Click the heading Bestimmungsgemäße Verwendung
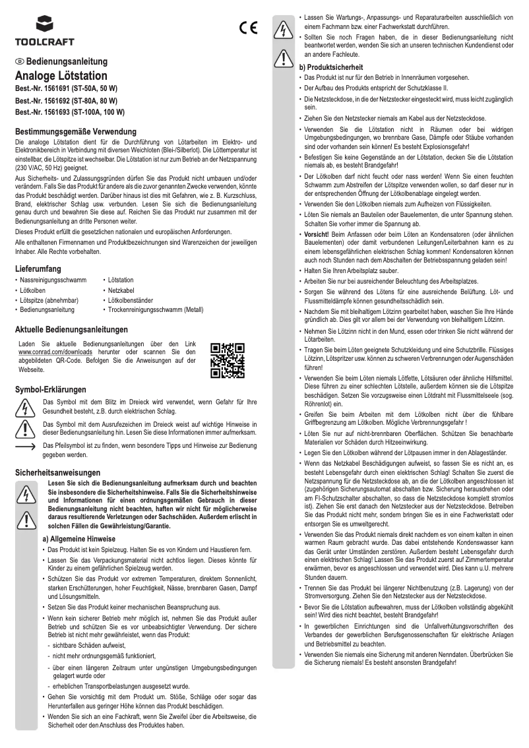(76, 132)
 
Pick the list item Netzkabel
(121, 290)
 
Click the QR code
(228, 360)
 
